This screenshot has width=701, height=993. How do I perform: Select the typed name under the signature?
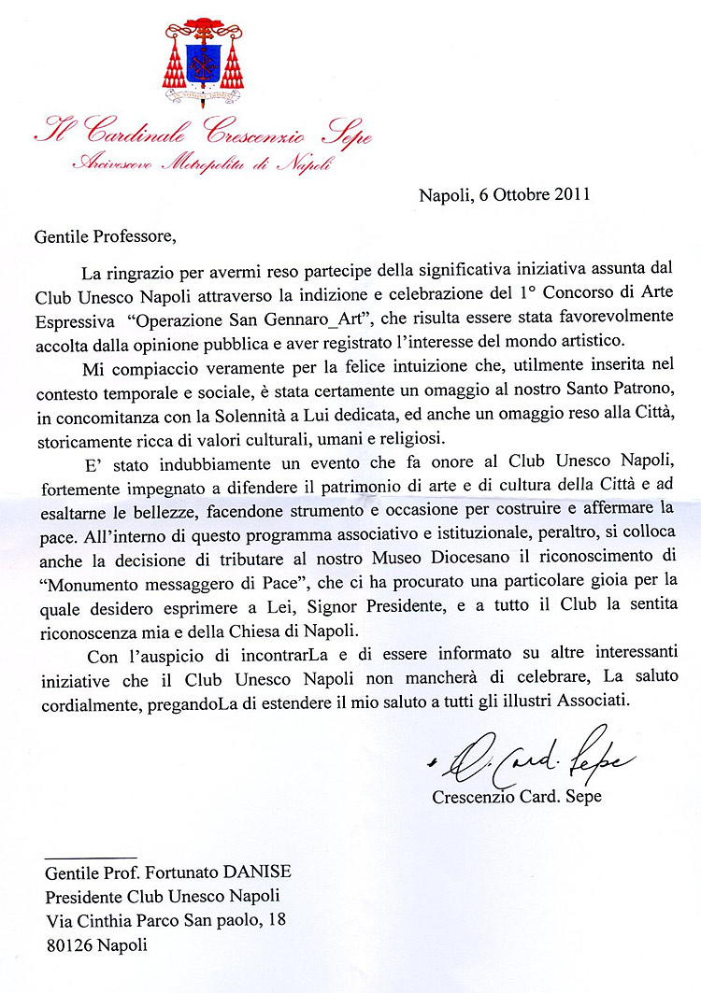[517, 797]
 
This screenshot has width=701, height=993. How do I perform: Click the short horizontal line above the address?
[90, 856]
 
